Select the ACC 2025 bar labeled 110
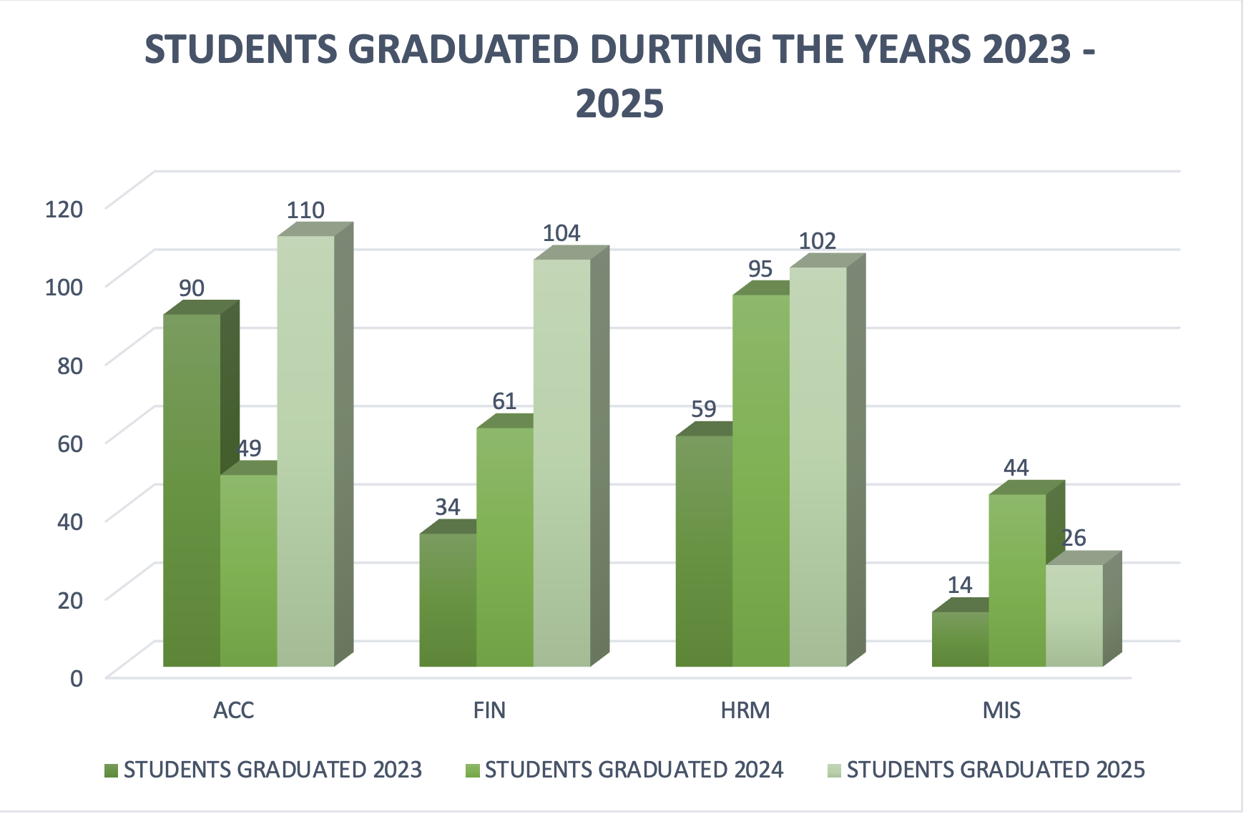point(305,451)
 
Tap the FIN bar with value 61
point(505,547)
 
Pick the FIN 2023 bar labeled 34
point(448,601)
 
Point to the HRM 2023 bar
point(704,551)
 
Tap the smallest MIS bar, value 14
point(960,639)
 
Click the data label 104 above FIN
point(561,233)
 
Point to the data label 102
point(818,241)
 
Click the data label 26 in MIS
point(1074,538)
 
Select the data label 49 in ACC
point(250,448)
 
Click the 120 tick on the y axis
point(64,209)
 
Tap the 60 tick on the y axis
point(70,443)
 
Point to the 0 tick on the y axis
point(77,677)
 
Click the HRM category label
point(745,710)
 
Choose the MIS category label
point(1001,710)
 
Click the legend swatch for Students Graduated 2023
point(111,770)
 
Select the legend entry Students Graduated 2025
point(995,770)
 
